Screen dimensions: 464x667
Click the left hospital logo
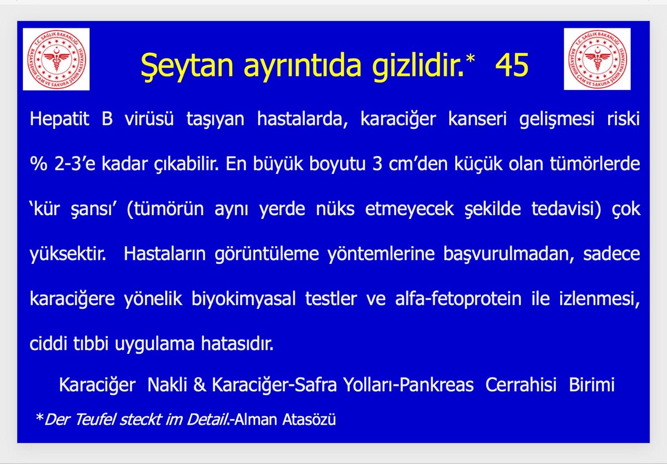pyautogui.click(x=56, y=59)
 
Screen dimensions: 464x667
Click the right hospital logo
pyautogui.click(x=596, y=59)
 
